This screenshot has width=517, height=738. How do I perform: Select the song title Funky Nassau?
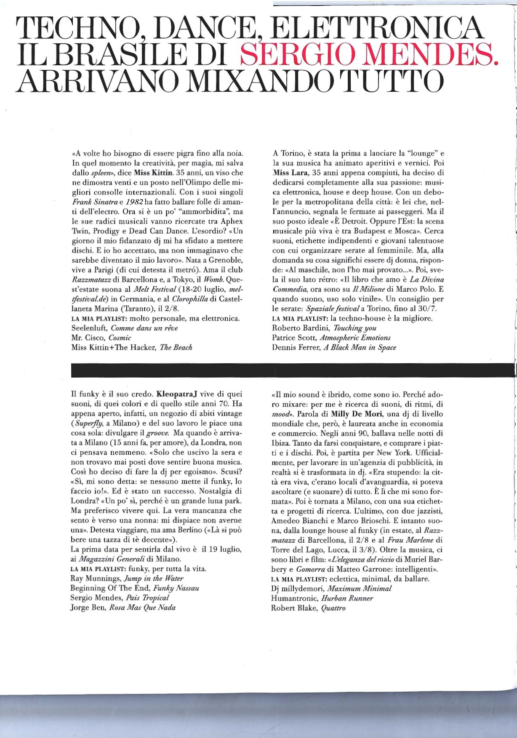click(176, 588)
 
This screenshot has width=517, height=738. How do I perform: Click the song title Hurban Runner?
click(347, 598)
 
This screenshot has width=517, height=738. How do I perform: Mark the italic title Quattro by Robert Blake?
click(333, 608)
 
